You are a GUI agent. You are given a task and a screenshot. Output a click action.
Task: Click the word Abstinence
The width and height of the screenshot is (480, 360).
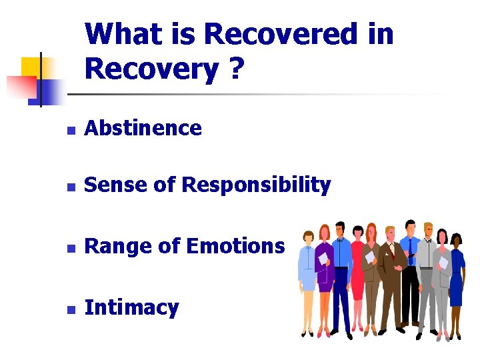143,128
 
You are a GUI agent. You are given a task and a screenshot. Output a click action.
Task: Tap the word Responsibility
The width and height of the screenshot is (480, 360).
256,185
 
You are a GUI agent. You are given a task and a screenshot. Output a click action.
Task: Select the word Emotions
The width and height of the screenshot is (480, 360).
235,247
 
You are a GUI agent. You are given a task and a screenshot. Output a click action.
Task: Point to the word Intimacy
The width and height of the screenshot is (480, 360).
132,308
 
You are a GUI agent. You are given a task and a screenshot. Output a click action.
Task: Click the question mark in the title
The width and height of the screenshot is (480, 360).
235,68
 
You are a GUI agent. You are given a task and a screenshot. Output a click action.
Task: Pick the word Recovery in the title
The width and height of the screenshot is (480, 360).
151,68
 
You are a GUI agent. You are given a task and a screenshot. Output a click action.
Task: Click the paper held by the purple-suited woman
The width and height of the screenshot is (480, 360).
323,259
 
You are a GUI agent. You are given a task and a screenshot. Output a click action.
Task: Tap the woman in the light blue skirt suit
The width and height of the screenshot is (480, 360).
308,273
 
